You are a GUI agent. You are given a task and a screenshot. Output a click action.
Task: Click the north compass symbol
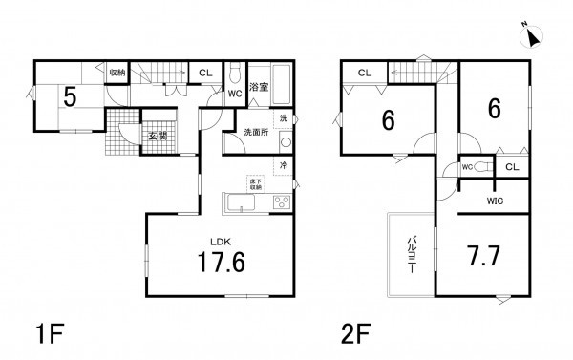coord(532,36)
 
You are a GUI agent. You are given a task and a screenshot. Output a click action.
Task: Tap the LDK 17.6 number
coord(222,263)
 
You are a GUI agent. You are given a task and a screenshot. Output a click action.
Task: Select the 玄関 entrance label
coord(158,137)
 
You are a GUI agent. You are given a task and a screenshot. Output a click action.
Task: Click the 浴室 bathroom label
coord(259,87)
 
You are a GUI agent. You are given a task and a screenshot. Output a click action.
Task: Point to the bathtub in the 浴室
coord(282,85)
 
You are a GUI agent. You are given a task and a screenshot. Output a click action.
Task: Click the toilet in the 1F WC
coord(235,74)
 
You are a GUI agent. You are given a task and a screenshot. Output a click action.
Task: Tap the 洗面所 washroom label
coord(256,132)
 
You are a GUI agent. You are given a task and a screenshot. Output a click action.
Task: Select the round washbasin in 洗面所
coord(286,142)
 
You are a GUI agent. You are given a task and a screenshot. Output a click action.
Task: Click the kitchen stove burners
coord(282,202)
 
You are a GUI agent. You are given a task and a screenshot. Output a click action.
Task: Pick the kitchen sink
coord(241,202)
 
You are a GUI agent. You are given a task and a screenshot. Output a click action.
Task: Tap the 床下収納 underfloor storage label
coord(256,184)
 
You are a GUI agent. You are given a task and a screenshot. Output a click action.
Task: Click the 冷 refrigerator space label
coord(284,165)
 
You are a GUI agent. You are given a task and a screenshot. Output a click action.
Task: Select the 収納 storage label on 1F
coord(117,73)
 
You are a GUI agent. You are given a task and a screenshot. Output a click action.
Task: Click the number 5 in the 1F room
coord(70,97)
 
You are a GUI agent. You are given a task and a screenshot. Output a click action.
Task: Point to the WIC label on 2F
coord(495,201)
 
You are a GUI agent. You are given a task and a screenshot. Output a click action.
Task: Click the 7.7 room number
coord(483,256)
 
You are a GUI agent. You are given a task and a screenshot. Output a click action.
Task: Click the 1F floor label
coord(50,333)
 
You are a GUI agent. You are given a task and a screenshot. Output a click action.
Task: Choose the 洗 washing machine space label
coord(284,118)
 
